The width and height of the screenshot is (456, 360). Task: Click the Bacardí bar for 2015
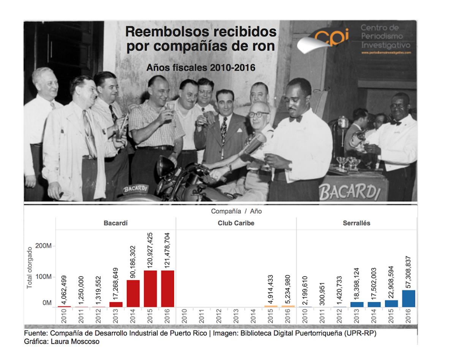(x=150, y=289)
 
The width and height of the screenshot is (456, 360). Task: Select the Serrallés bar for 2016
(x=408, y=298)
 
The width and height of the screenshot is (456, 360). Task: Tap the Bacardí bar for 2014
(x=133, y=293)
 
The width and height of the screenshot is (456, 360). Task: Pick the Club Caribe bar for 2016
(x=288, y=306)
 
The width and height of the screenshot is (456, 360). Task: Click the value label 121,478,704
(x=168, y=249)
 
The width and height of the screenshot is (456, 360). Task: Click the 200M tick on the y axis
(x=43, y=246)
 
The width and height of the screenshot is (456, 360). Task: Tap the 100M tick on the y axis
(x=43, y=276)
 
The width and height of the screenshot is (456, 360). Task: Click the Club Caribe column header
(x=236, y=223)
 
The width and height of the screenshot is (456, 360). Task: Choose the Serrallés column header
(x=356, y=223)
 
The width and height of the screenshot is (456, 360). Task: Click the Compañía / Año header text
(x=236, y=211)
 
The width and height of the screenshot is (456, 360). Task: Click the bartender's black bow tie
(x=296, y=119)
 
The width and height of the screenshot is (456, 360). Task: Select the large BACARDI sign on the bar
(x=350, y=191)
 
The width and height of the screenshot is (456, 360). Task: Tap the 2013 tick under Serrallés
(x=357, y=316)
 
